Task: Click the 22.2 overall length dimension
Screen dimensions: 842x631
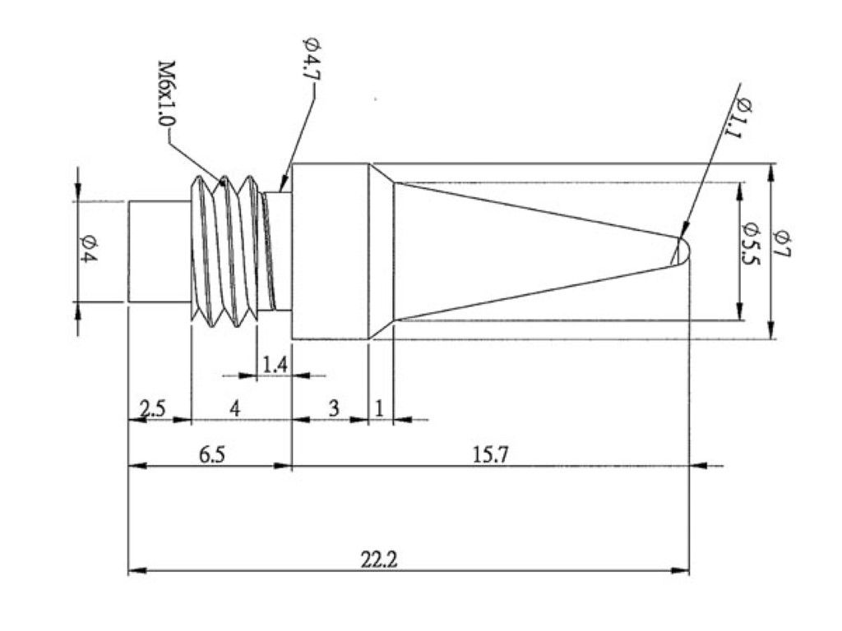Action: click(380, 560)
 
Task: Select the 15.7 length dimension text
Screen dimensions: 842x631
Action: click(490, 455)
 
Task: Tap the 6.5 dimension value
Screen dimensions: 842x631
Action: click(213, 455)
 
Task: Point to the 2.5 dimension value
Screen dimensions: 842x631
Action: click(152, 409)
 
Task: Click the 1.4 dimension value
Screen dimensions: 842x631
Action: click(275, 365)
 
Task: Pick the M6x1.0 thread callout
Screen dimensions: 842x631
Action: click(166, 94)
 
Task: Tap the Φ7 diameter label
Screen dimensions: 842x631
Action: click(781, 243)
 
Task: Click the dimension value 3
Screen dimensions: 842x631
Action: click(334, 409)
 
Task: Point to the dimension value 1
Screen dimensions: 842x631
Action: click(379, 409)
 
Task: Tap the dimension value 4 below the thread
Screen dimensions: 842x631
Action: click(234, 409)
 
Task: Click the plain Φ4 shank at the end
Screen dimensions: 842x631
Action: click(160, 251)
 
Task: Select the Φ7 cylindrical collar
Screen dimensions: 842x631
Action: click(330, 251)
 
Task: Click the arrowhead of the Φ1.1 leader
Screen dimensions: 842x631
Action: click(683, 231)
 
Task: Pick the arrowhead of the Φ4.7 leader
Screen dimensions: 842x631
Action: click(284, 182)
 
